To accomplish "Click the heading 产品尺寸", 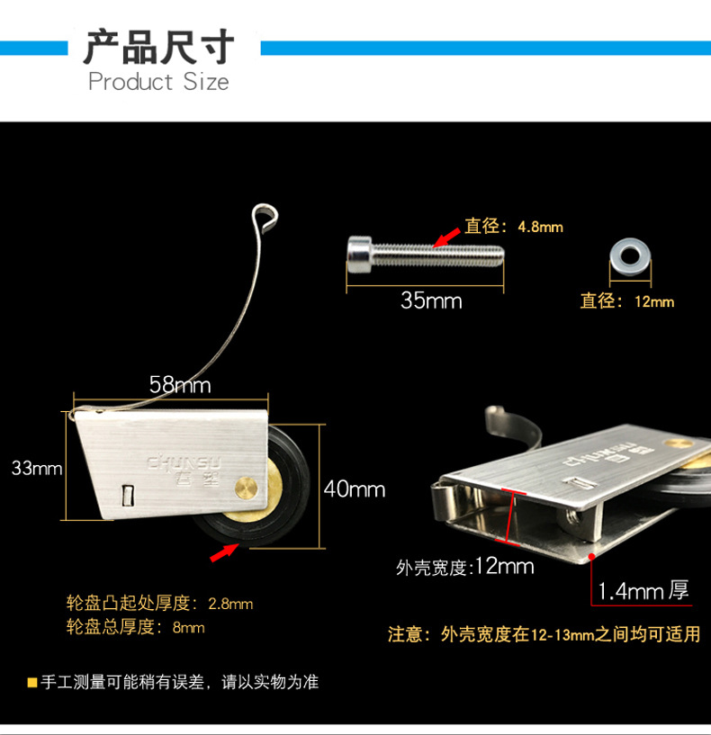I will (158, 47).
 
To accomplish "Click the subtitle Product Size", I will (158, 82).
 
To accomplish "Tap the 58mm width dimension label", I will (179, 385).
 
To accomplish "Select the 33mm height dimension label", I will (37, 468).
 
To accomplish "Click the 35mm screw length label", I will (431, 300).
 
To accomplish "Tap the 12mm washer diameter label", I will (626, 301).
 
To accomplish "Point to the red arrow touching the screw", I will (444, 237).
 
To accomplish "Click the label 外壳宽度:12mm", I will (464, 567).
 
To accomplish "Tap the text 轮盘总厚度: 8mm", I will (136, 627).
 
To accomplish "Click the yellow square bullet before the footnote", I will (31, 682).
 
